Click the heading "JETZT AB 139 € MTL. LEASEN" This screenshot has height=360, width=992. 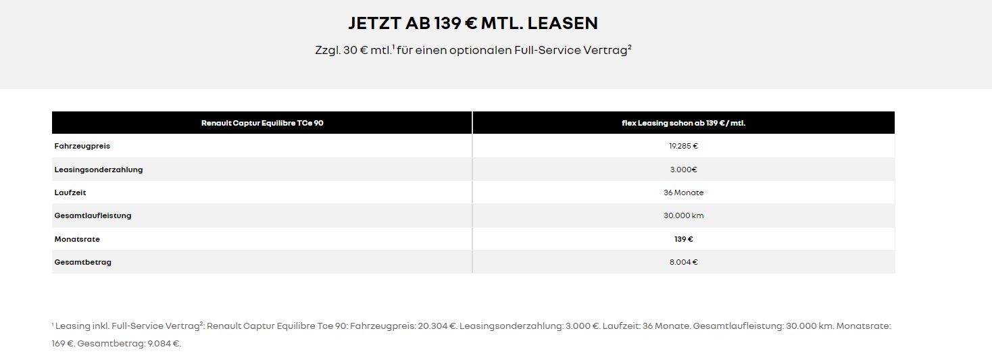pyautogui.click(x=473, y=23)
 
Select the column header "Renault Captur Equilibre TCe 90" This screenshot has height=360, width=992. pyautogui.click(x=262, y=123)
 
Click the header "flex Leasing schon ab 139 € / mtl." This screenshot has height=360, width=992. pyautogui.click(x=683, y=123)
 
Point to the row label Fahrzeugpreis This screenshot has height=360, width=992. pyautogui.click(x=82, y=146)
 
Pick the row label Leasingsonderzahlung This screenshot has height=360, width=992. pyautogui.click(x=99, y=170)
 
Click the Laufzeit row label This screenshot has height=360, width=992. pyautogui.click(x=70, y=192)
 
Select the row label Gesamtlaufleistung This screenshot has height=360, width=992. pyautogui.click(x=93, y=215)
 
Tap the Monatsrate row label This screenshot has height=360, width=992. pyautogui.click(x=77, y=239)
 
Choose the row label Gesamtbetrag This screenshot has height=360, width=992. pyautogui.click(x=83, y=262)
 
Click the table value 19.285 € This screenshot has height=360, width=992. pyautogui.click(x=683, y=146)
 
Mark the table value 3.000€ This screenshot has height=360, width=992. pyautogui.click(x=683, y=170)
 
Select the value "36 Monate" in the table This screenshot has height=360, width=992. pyautogui.click(x=683, y=192)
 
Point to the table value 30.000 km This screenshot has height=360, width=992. pyautogui.click(x=683, y=215)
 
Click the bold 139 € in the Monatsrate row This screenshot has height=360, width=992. pyautogui.click(x=683, y=239)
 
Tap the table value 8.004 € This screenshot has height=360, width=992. pyautogui.click(x=683, y=262)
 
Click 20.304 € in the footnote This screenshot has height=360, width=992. pyautogui.click(x=438, y=326)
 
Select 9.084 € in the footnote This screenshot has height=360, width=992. pyautogui.click(x=164, y=344)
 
